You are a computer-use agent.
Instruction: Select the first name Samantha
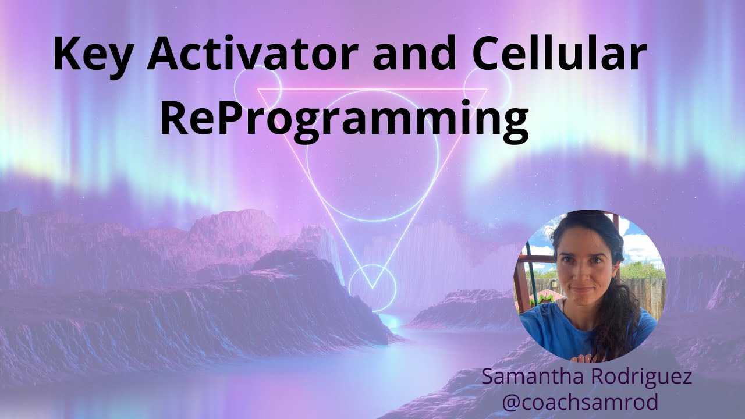click(x=531, y=377)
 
